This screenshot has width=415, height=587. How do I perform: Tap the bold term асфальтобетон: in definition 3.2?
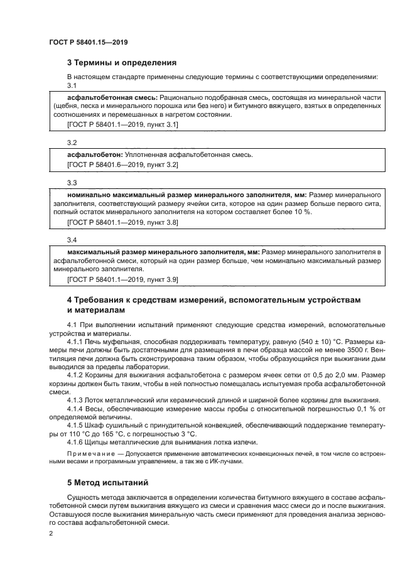[x=94, y=154]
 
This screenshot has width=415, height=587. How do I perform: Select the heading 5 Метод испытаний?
[x=107, y=483]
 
